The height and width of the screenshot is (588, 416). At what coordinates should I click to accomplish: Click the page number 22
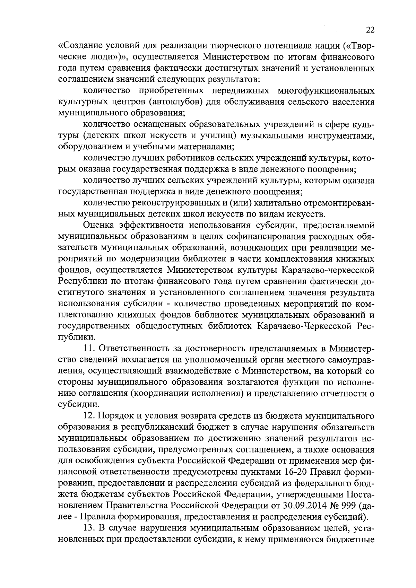[x=370, y=30]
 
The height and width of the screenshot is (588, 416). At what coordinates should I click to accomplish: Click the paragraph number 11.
[x=90, y=348]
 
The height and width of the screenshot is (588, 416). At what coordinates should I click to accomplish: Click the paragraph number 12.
[x=90, y=415]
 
